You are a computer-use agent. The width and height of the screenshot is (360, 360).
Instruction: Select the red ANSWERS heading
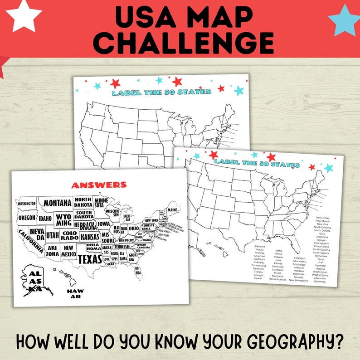coord(99,185)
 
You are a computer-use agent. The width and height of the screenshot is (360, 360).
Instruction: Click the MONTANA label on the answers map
coord(58,203)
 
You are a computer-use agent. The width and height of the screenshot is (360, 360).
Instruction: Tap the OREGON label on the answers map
coord(27,218)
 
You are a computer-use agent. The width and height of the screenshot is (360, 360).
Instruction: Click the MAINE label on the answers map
coord(172,210)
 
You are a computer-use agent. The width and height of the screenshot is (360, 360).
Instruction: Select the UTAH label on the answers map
coord(53,235)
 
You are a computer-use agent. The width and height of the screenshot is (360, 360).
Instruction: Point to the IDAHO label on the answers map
coord(45,219)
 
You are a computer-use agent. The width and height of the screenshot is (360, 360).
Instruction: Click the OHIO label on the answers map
coord(134,228)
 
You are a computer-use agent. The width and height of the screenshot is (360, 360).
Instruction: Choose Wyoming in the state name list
coord(319,282)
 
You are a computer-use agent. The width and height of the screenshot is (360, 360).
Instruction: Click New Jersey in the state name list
coord(323,218)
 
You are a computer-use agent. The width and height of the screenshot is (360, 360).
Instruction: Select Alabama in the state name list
coord(260,246)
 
